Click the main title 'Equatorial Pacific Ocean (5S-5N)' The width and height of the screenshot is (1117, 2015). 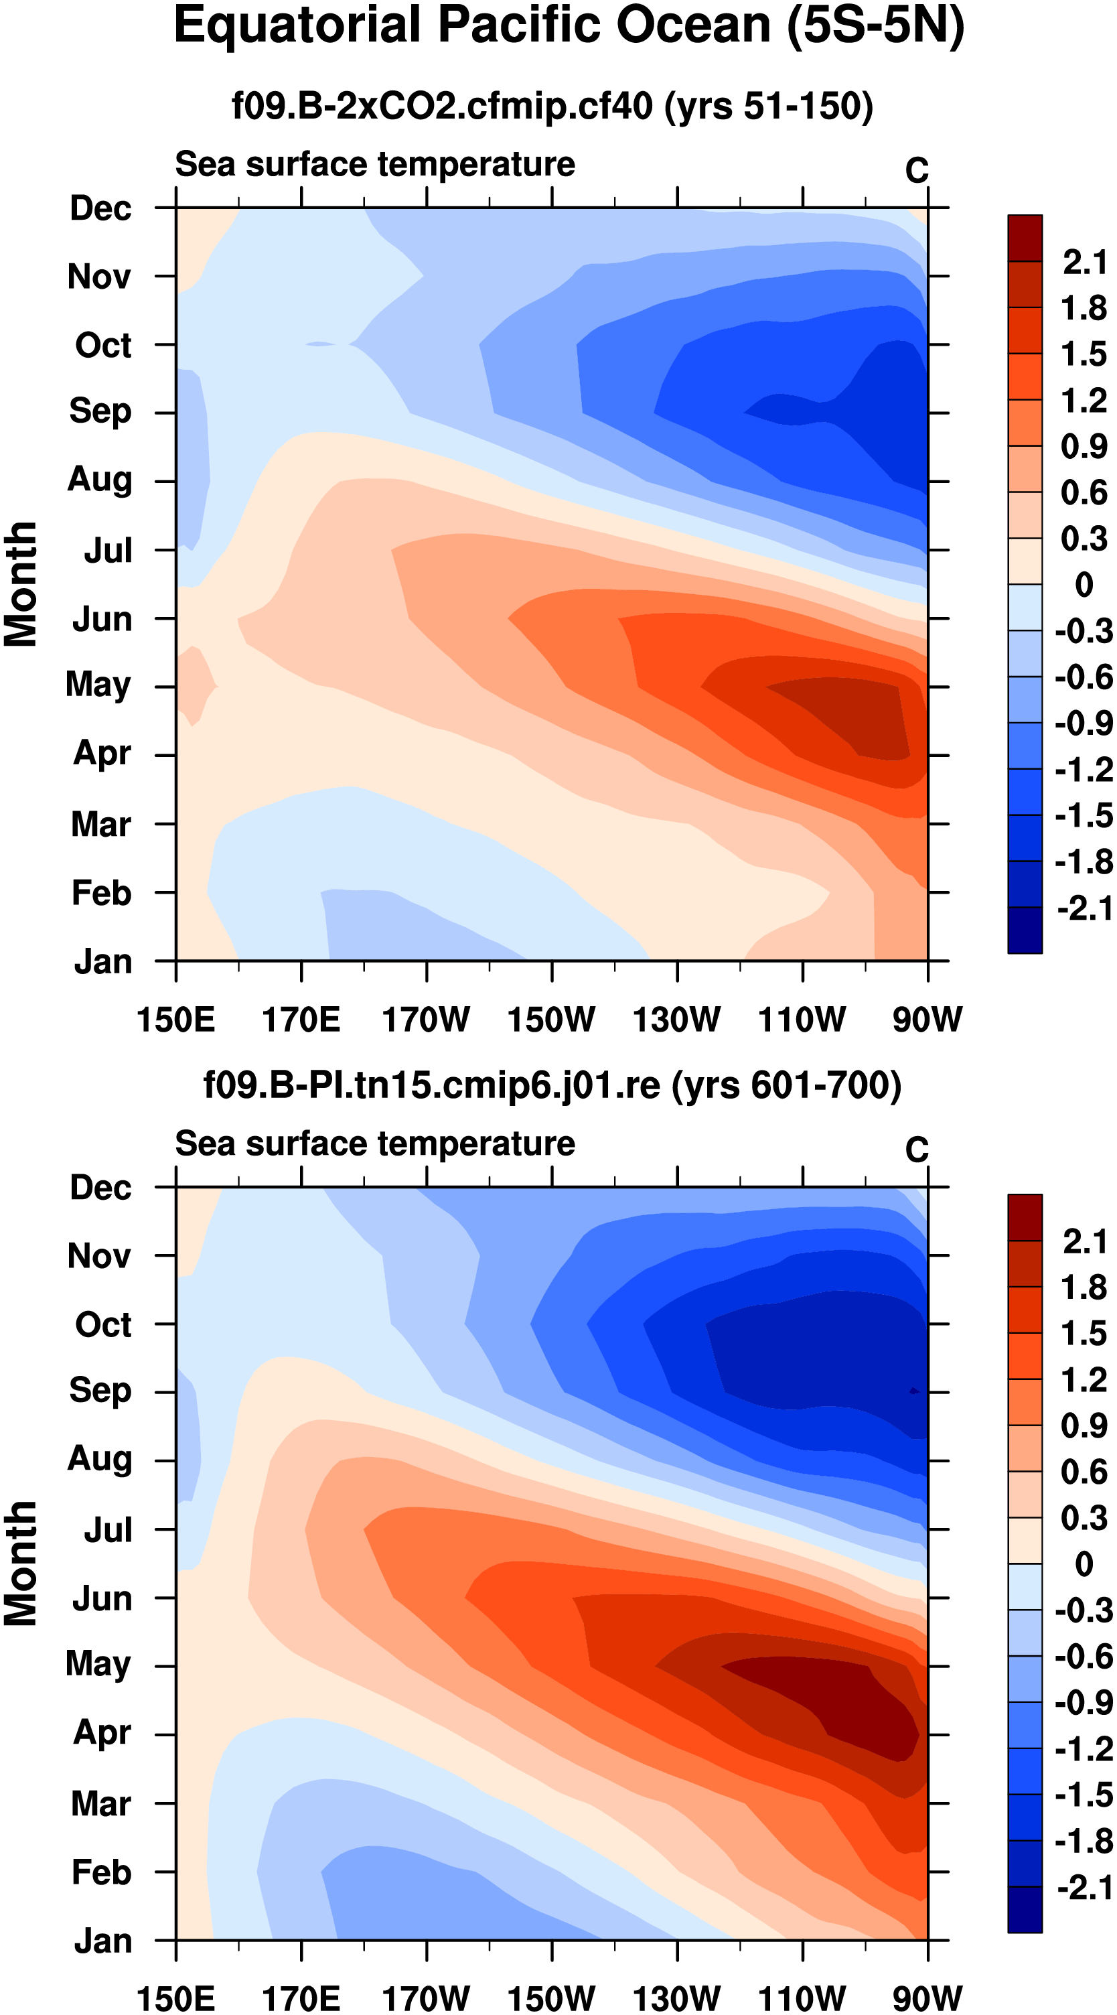(569, 27)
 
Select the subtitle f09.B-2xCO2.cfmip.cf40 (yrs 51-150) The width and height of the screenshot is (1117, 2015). (552, 106)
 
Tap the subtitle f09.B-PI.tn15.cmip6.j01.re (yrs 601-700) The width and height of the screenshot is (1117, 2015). (552, 1086)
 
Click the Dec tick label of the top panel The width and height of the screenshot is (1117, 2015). (100, 209)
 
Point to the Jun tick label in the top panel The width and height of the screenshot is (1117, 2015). (102, 620)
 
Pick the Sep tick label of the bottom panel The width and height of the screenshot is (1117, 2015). (100, 1390)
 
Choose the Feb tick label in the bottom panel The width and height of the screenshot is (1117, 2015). (101, 1872)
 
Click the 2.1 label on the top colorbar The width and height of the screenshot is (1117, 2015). (1084, 263)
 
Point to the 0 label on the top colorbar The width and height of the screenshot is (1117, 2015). (1084, 585)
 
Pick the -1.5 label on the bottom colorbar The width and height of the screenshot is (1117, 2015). (1084, 1796)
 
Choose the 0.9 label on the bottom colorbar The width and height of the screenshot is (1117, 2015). (1084, 1427)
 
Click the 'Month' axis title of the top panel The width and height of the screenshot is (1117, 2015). (20, 584)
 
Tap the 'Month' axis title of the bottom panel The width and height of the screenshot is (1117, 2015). (20, 1564)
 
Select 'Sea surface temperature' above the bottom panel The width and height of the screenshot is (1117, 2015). (375, 1144)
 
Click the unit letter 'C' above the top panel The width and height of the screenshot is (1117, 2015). (917, 171)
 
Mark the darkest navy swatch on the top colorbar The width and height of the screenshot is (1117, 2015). (1025, 930)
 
